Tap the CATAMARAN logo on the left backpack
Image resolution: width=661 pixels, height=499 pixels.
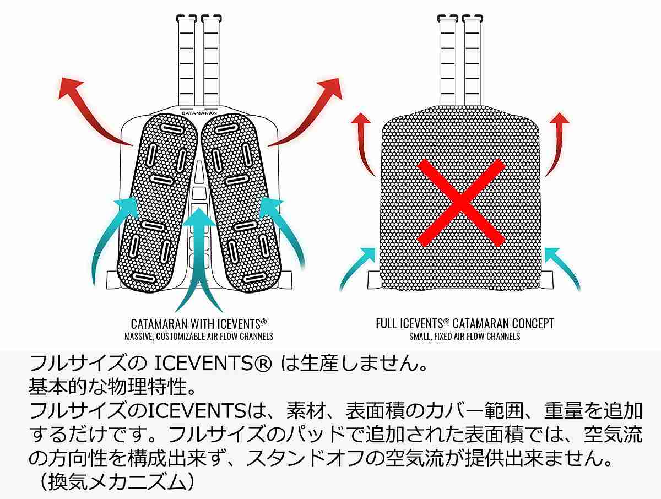pyautogui.click(x=199, y=111)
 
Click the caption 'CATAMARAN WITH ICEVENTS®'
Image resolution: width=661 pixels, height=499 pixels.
pyautogui.click(x=199, y=323)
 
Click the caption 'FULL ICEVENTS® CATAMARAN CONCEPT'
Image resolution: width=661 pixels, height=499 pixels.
pyautogui.click(x=464, y=323)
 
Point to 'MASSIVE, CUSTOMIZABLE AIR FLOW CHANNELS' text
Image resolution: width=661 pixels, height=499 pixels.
pyautogui.click(x=199, y=336)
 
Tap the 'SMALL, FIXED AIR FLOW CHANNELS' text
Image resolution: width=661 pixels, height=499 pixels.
pyautogui.click(x=464, y=336)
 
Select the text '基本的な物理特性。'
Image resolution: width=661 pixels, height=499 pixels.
pyautogui.click(x=112, y=387)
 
